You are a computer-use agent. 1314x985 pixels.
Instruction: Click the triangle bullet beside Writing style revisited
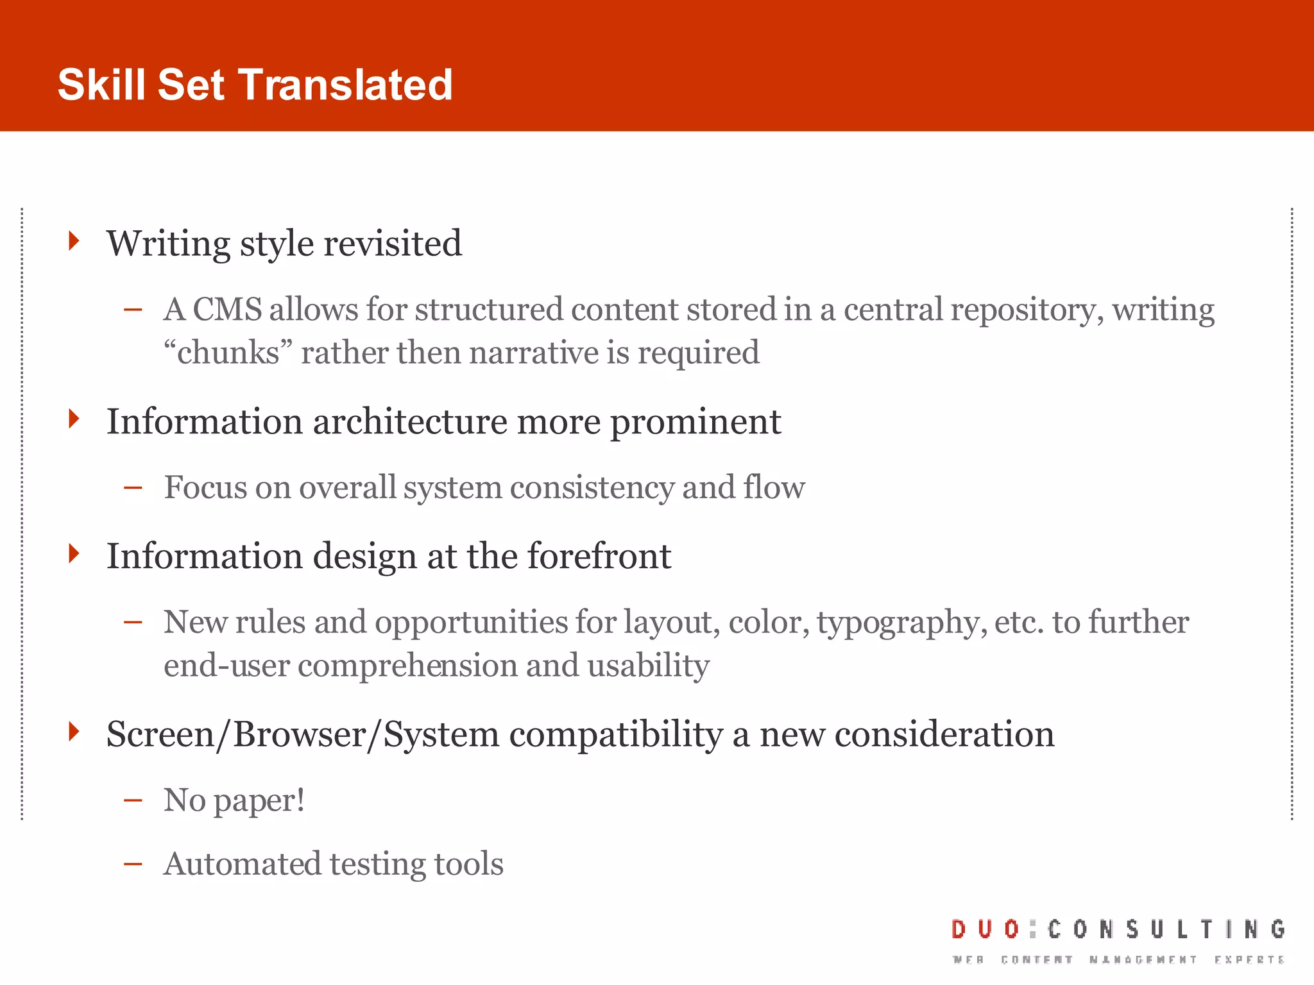coord(74,241)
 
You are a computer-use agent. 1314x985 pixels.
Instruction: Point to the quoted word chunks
coord(228,353)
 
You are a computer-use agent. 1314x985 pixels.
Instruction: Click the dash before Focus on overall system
coord(133,487)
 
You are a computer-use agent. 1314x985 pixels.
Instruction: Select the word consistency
coord(592,487)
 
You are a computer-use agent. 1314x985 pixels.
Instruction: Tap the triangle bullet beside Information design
coord(74,553)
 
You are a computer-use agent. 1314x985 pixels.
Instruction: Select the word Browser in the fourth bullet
coord(300,734)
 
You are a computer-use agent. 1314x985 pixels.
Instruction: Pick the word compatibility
coord(616,734)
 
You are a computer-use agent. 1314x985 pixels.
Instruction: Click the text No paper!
coord(234,800)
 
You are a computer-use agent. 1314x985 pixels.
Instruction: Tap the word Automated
coord(243,864)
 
